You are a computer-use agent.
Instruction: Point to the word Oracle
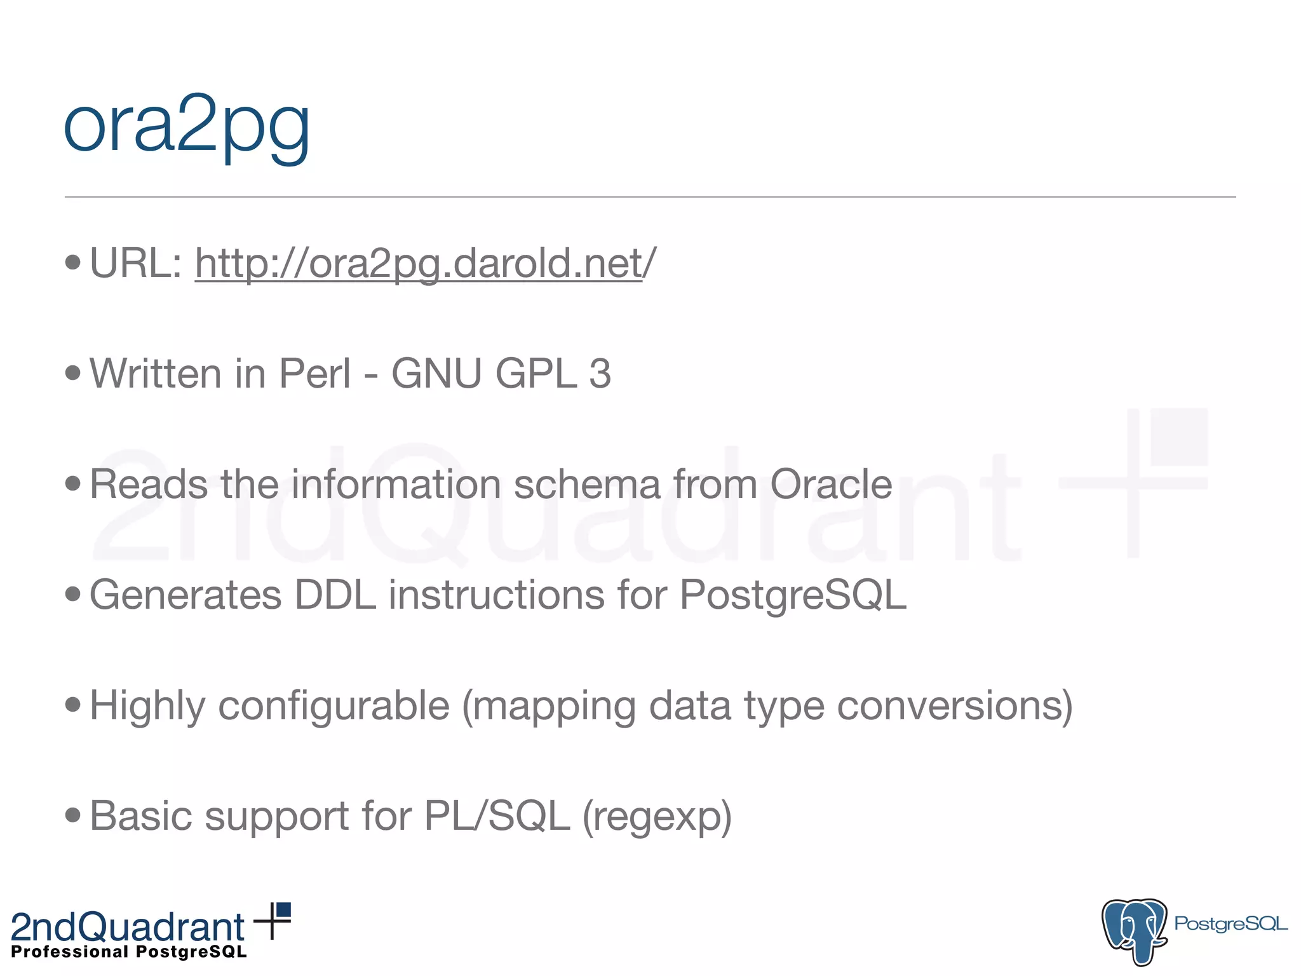tap(831, 484)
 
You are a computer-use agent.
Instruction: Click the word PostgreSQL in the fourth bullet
tap(793, 595)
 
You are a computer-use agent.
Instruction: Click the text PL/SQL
tap(497, 817)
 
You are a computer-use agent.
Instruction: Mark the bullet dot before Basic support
tap(73, 815)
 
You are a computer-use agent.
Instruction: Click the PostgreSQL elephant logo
tap(1134, 930)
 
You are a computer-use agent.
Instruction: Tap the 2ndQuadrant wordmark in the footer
tap(128, 926)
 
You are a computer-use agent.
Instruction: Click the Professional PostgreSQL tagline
tap(129, 952)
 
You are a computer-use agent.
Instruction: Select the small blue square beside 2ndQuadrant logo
tap(283, 910)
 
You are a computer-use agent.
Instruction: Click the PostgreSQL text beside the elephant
tap(1230, 923)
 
